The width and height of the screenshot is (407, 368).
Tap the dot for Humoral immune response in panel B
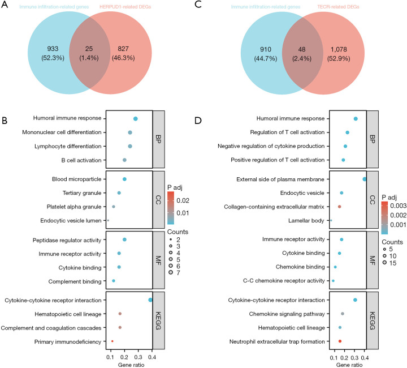136,118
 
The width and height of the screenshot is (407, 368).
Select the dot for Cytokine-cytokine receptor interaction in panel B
150,300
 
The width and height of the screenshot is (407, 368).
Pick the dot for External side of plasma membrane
365,179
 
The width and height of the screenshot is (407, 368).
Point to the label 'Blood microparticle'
77,179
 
